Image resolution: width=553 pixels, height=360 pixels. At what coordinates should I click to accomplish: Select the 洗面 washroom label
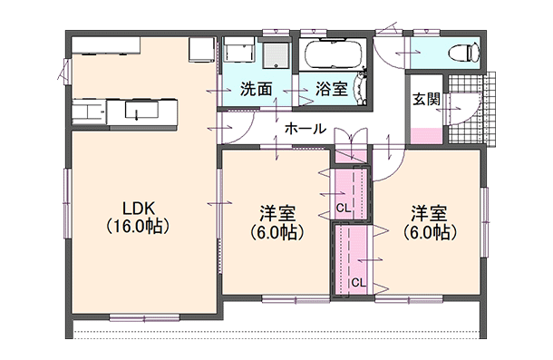pos(257,90)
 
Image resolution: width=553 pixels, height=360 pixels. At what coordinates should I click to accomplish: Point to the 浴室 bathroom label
pos(331,90)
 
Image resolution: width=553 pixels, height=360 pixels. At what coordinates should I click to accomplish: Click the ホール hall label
pos(306,129)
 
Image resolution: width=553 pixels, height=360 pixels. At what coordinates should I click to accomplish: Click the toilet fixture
pos(465,50)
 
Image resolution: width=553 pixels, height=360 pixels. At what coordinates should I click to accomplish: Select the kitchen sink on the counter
pos(137,112)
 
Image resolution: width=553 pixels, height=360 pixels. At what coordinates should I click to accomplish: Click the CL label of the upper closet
pos(343,207)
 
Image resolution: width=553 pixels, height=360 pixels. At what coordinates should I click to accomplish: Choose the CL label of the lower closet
pos(357,282)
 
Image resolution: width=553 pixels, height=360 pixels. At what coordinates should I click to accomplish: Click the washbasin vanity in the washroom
pos(274,54)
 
